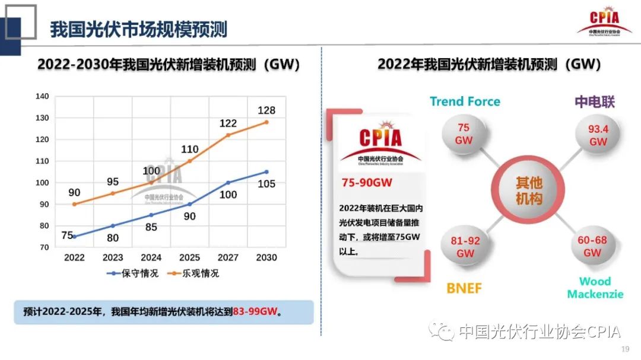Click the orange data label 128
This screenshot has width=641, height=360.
click(266, 110)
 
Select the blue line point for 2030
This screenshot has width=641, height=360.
click(266, 172)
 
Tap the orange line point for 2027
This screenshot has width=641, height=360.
click(228, 135)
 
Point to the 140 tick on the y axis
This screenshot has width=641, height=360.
click(42, 96)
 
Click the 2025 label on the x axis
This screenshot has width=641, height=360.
click(190, 257)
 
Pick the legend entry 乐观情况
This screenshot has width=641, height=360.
click(195, 273)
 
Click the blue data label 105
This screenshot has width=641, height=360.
click(266, 184)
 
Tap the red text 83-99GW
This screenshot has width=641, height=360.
click(255, 311)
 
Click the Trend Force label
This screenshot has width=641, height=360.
click(465, 101)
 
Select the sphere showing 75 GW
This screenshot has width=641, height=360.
click(464, 134)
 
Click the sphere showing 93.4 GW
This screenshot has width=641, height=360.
click(598, 135)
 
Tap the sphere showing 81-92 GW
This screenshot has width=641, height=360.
click(465, 247)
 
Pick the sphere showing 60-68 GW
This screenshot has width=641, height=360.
click(592, 246)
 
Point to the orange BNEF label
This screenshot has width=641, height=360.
click(464, 289)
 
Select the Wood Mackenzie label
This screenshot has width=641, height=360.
click(595, 288)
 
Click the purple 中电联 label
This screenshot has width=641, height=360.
click(595, 101)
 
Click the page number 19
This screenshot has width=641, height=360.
click(624, 349)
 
